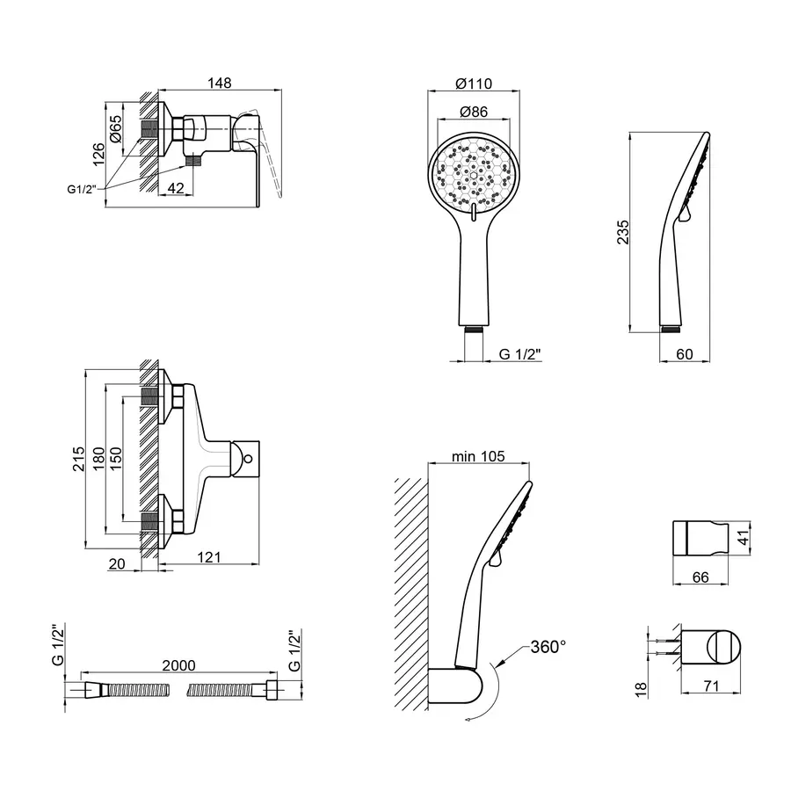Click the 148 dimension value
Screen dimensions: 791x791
[x=219, y=83]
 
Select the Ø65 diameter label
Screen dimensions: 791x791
[x=115, y=132]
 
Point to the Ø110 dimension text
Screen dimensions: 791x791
[x=475, y=83]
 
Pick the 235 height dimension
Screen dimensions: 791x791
[x=622, y=232]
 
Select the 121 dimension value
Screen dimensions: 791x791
[x=207, y=557]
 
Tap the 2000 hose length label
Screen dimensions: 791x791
[x=179, y=665]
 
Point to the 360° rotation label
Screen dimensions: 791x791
[x=548, y=647]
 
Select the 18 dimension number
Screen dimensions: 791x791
[x=640, y=689]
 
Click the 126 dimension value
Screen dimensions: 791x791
[x=99, y=154]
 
